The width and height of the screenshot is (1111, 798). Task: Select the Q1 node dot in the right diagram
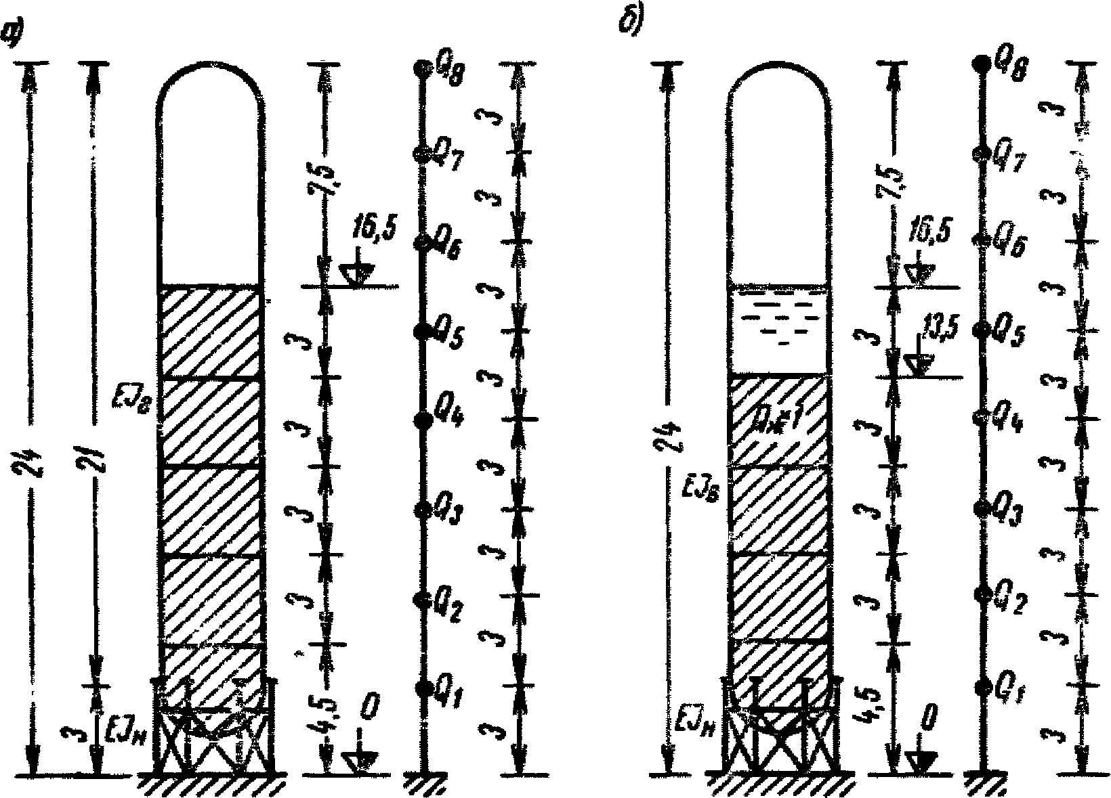click(980, 688)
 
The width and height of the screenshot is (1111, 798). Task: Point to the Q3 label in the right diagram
click(1007, 516)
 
